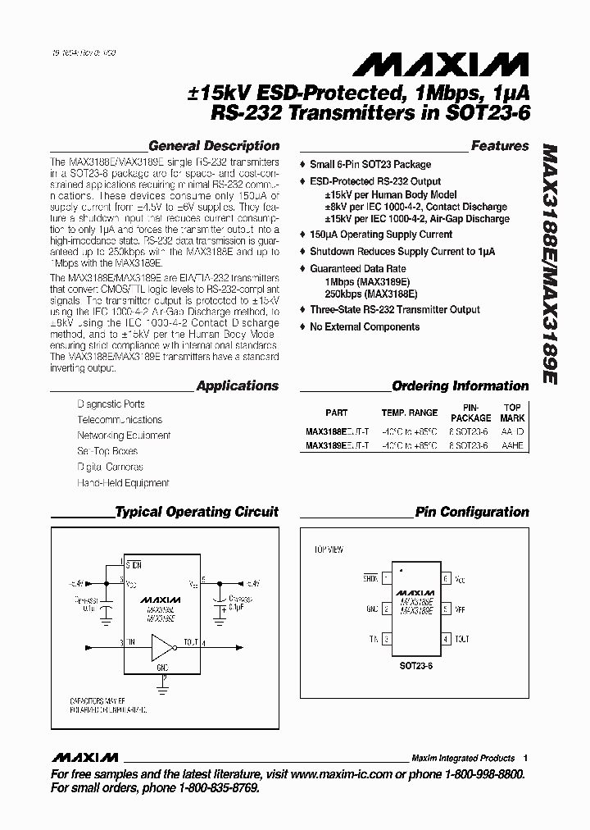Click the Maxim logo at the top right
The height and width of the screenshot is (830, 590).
[447, 63]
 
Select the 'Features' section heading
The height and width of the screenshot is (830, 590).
[500, 146]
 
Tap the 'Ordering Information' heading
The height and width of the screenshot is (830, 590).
[460, 385]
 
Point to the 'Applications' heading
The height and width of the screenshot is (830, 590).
[238, 385]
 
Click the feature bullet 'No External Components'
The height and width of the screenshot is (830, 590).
[365, 326]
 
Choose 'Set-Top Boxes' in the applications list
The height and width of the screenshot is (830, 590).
[107, 451]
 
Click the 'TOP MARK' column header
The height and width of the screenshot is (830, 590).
[512, 413]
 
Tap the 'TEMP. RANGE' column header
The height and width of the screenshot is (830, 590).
[409, 413]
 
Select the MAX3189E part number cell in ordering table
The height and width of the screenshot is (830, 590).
[337, 445]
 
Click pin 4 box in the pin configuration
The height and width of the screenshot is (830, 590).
[446, 638]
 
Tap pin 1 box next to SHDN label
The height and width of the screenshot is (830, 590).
[384, 579]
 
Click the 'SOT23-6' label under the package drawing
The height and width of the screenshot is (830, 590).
[415, 668]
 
